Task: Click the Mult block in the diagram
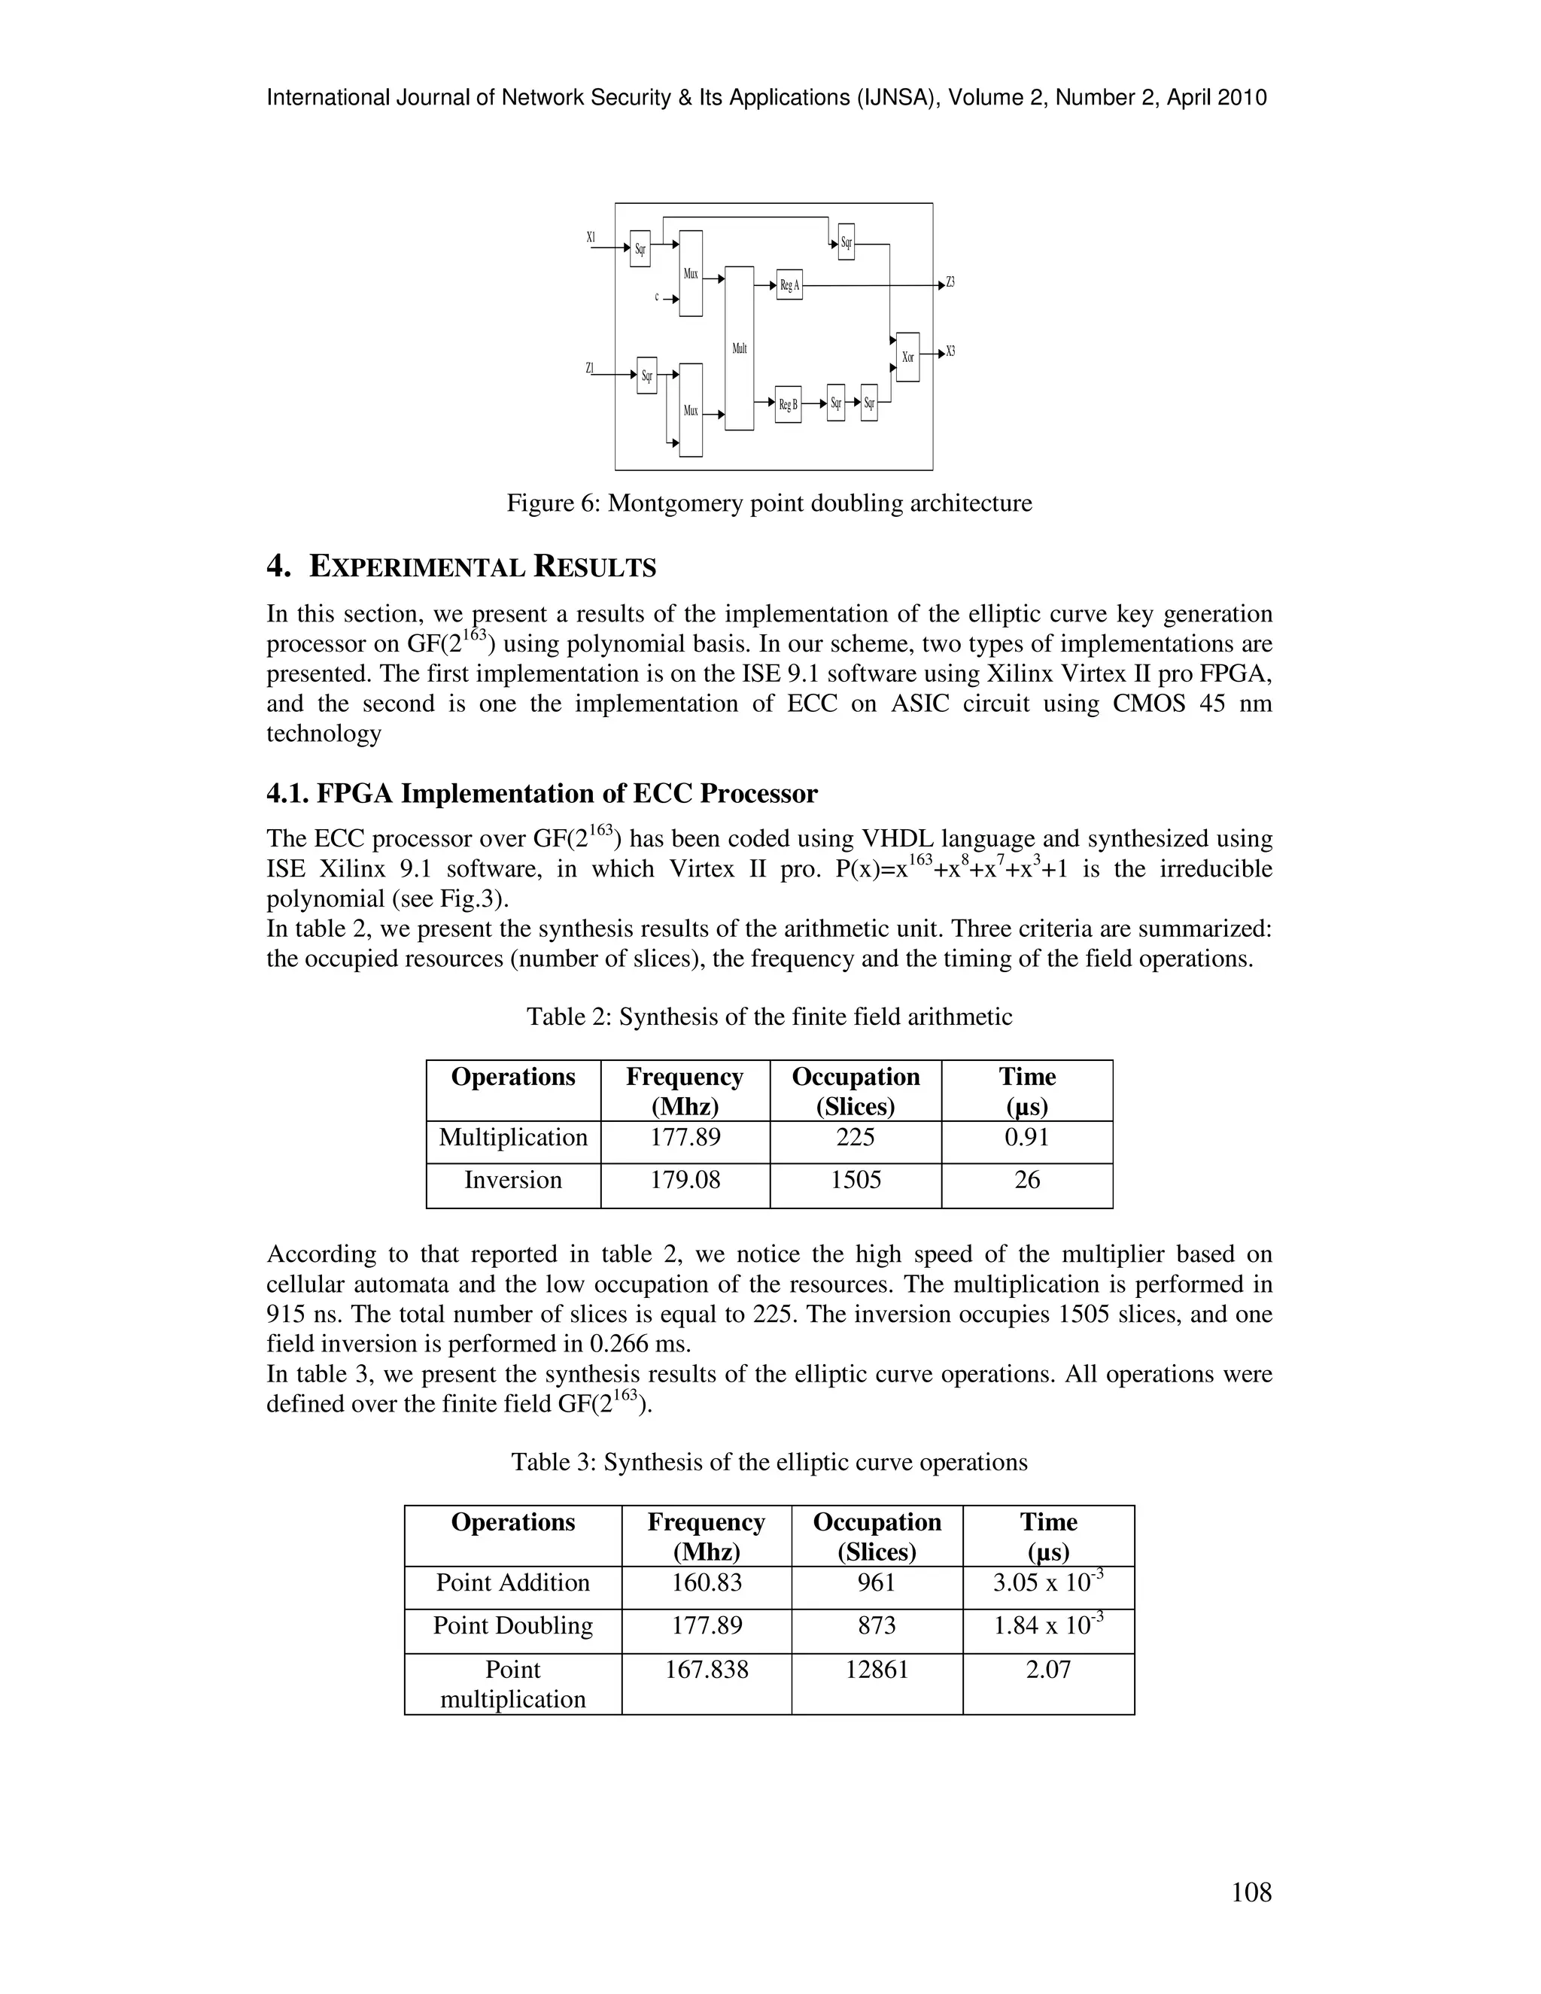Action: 740,348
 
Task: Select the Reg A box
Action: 789,285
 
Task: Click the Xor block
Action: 907,357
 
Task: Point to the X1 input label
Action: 591,237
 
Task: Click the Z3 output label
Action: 950,282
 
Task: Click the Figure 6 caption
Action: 769,503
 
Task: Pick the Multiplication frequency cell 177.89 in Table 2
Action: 685,1138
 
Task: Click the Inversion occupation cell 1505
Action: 856,1180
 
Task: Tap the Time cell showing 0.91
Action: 1027,1138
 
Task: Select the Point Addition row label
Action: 512,1582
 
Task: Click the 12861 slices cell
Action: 877,1669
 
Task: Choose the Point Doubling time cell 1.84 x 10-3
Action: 1048,1626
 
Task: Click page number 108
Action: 1251,1892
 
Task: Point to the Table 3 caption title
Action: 769,1462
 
